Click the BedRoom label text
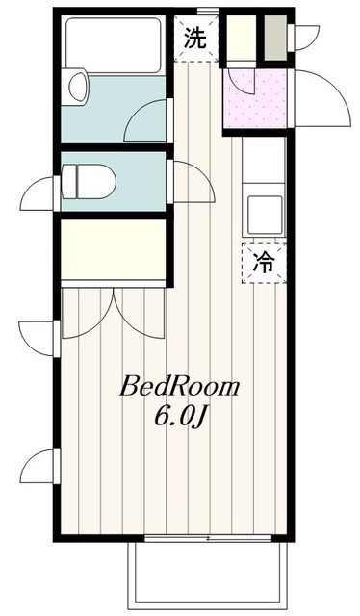[x=180, y=387]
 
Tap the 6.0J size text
[x=180, y=417]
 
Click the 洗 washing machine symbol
[x=195, y=38]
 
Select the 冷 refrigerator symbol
[x=264, y=263]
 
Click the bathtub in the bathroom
[x=114, y=45]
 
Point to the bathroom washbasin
[x=77, y=87]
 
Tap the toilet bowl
[x=89, y=181]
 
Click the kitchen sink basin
[x=265, y=215]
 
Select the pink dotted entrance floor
[x=255, y=97]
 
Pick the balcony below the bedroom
[x=208, y=576]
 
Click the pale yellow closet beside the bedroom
[x=114, y=249]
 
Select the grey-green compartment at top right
[x=275, y=38]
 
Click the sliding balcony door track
[x=208, y=538]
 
